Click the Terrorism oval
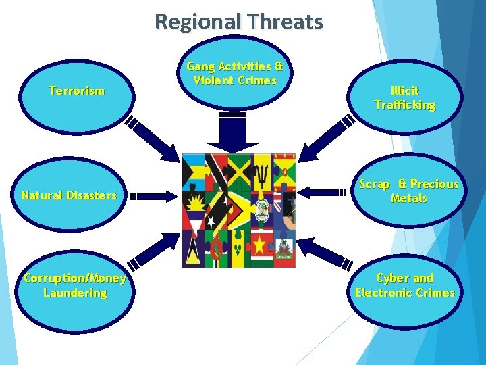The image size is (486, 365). tap(76, 91)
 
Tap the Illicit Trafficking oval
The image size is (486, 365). tap(404, 97)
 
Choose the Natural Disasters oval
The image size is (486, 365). tap(69, 196)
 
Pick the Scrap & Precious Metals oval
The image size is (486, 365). tap(408, 191)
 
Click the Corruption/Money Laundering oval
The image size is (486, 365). tap(75, 286)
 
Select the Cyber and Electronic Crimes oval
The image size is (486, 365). tap(405, 286)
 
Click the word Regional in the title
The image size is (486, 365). tap(196, 22)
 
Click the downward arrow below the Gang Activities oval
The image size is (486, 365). tap(232, 132)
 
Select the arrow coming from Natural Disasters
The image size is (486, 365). tap(153, 197)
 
